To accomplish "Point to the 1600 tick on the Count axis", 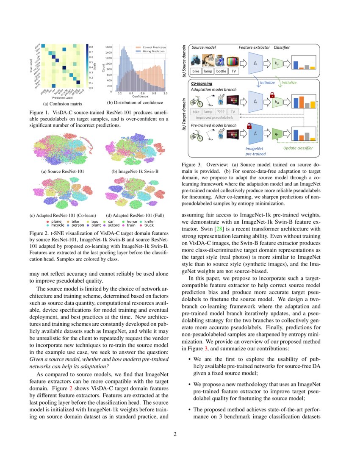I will (109, 47).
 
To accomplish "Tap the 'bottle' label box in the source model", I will (221, 71).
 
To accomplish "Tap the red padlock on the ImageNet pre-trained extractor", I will (250, 126).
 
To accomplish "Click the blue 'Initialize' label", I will (268, 83).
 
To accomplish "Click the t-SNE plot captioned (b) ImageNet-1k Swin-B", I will (132, 151).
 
